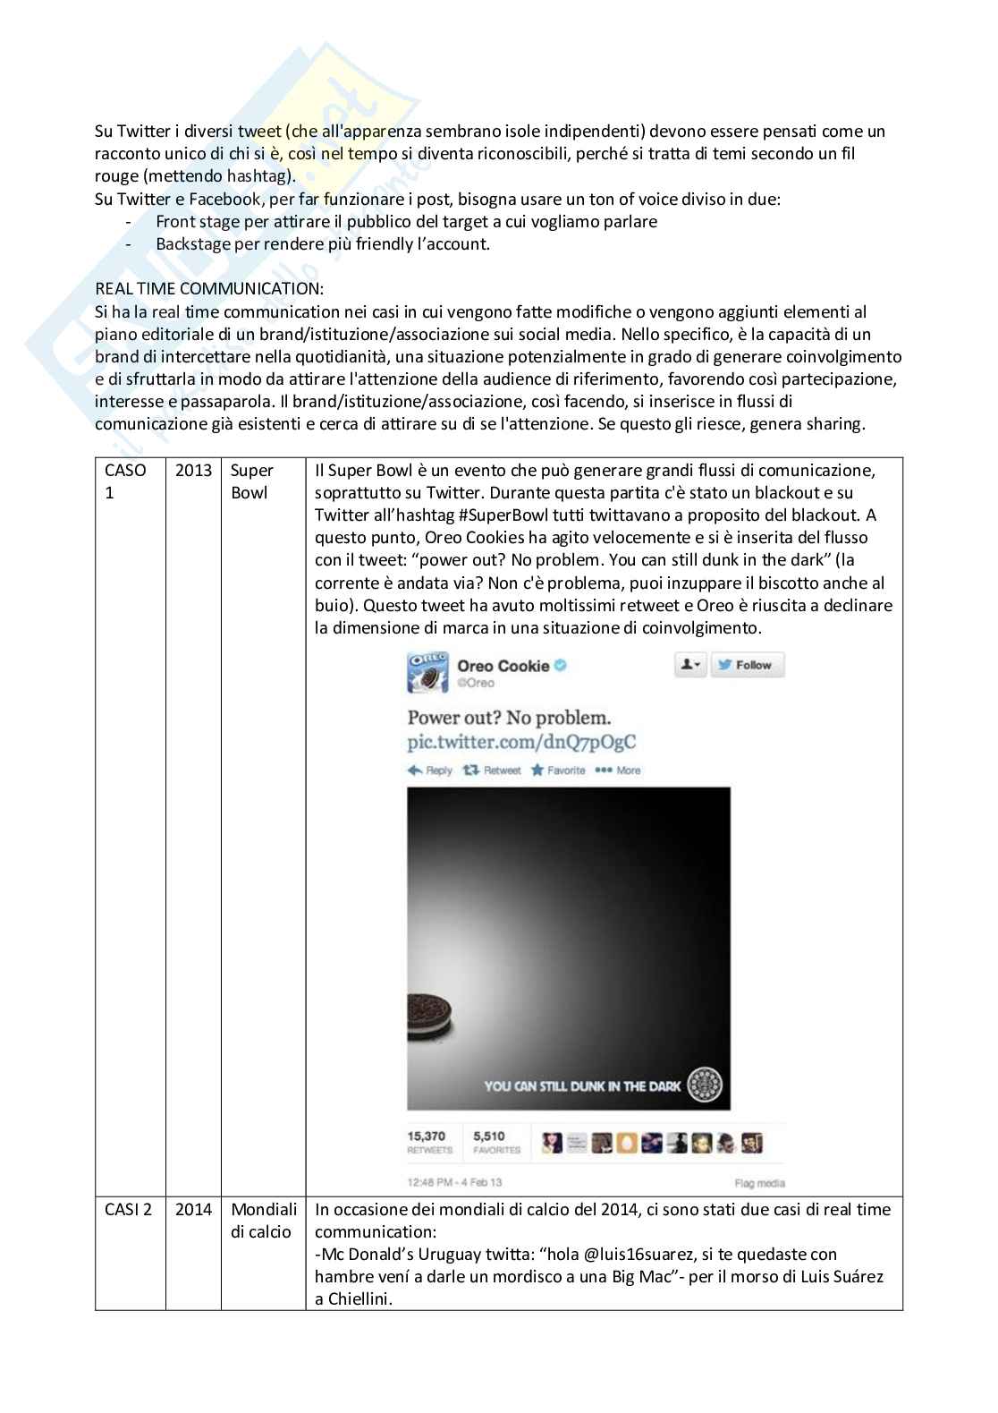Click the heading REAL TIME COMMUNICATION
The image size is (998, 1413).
click(209, 289)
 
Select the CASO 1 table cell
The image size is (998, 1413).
click(125, 481)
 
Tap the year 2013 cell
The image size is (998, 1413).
click(193, 471)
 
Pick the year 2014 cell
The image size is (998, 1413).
click(193, 1210)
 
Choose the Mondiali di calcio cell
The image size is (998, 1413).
click(263, 1221)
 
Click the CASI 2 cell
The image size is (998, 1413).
click(129, 1210)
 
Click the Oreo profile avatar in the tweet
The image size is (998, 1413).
click(427, 673)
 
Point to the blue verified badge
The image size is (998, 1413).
click(562, 666)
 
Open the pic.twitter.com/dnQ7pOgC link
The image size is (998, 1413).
click(521, 743)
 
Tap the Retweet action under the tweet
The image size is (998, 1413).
click(493, 770)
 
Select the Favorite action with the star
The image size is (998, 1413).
click(558, 770)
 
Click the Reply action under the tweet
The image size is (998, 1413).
click(430, 770)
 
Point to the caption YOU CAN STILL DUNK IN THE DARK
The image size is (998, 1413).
click(582, 1086)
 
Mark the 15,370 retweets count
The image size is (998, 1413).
click(427, 1136)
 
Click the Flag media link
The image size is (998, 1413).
click(759, 1183)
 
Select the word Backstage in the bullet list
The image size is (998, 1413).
click(194, 244)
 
